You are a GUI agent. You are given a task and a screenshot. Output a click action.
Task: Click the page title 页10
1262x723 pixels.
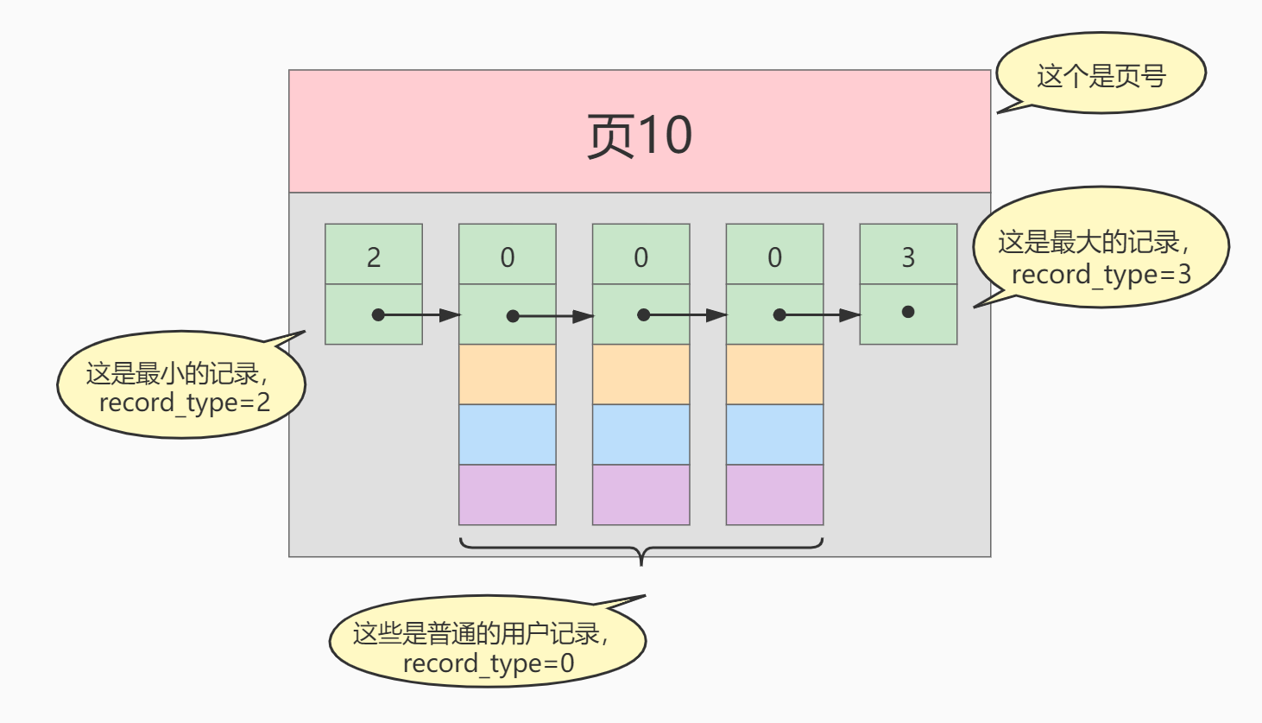639,136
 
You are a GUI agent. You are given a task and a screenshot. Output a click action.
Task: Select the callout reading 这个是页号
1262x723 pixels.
1101,75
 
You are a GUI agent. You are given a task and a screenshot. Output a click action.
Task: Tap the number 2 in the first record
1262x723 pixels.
374,257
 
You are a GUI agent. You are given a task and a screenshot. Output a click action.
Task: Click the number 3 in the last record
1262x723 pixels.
908,257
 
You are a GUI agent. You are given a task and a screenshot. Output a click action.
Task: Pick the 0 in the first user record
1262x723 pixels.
508,257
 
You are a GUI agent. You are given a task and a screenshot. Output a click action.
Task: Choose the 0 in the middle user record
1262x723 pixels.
640,257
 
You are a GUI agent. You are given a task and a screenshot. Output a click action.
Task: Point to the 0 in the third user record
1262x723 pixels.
774,257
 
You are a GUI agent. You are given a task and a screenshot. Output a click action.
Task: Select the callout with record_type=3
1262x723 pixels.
1100,257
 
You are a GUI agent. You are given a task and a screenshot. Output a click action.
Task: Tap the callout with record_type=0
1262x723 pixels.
488,648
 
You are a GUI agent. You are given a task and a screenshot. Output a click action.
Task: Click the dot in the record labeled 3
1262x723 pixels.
908,312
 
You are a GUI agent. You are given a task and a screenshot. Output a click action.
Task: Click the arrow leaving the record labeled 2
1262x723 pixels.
419,315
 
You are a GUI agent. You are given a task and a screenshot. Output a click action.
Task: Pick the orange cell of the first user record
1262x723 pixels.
508,374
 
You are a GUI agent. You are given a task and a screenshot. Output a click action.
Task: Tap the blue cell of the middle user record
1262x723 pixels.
640,434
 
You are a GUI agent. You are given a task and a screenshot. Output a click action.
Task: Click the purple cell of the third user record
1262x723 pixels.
774,495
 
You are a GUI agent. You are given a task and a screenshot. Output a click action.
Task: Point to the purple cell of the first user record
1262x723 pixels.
508,495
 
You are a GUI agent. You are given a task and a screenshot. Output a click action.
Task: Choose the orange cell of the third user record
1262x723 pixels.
774,374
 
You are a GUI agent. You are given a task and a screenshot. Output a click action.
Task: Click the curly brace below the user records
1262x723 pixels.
640,549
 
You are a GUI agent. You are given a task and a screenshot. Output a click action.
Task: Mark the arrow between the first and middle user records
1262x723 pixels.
552,316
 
